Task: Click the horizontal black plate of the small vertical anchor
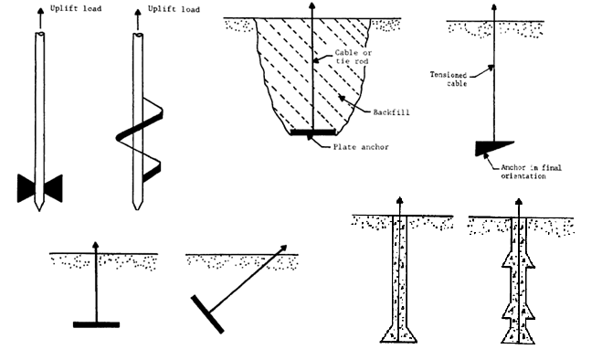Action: coord(96,323)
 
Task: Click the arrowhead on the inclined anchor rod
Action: coord(294,247)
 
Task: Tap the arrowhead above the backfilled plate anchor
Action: coord(311,7)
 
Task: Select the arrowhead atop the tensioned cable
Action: coord(492,7)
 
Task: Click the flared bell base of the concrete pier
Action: coord(399,332)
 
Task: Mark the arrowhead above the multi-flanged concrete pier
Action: coord(519,203)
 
